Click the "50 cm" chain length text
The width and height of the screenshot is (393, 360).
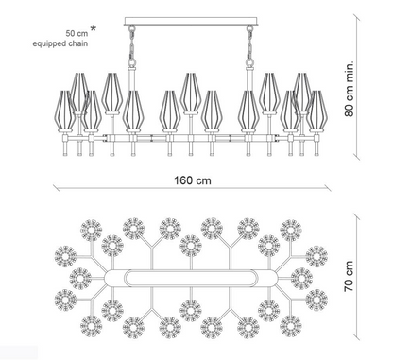pyautogui.click(x=77, y=33)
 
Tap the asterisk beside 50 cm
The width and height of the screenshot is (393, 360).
pyautogui.click(x=94, y=28)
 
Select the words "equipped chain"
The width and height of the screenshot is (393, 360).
pyautogui.click(x=60, y=43)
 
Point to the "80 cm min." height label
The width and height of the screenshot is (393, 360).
pyautogui.click(x=349, y=89)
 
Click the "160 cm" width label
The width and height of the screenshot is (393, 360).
pyautogui.click(x=193, y=180)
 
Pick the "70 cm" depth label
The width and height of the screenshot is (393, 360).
pyautogui.click(x=349, y=276)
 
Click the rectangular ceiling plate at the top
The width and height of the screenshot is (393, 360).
pyautogui.click(x=192, y=21)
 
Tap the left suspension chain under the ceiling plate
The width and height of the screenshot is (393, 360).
pyautogui.click(x=132, y=46)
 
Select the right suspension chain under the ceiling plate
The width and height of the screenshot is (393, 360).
pyautogui.click(x=250, y=46)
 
